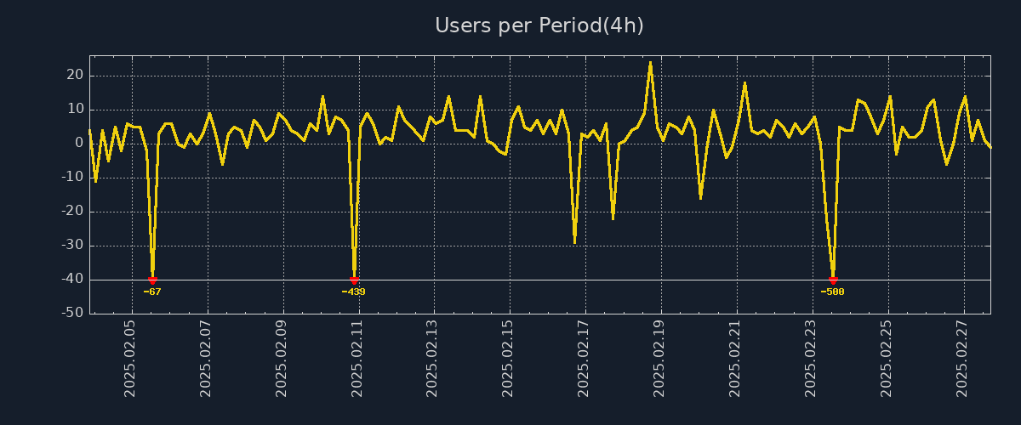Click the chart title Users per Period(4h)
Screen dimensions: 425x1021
pos(539,25)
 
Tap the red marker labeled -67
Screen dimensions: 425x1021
pos(152,280)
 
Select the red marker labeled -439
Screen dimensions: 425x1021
pos(354,280)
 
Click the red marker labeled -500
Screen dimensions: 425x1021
pos(833,280)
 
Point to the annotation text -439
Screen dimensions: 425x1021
pos(353,292)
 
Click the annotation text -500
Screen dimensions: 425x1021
pos(832,292)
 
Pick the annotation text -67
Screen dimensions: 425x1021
pos(152,292)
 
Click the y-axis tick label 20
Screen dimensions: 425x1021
pos(75,76)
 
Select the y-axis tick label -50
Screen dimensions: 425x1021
pos(72,314)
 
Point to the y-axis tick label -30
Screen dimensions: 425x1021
pos(72,246)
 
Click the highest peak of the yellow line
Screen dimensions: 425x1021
pos(651,62)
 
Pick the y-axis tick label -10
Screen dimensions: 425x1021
pos(72,178)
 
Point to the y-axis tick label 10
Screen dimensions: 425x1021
pos(75,110)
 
